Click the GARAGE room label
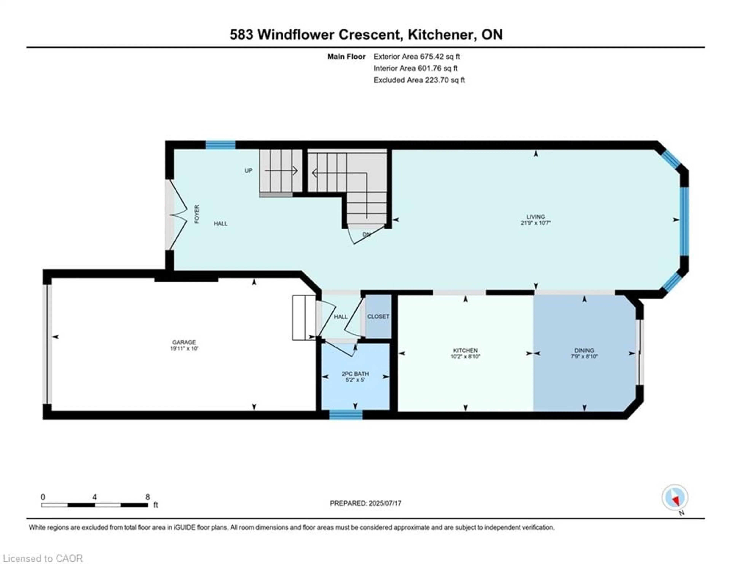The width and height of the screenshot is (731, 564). click(x=184, y=342)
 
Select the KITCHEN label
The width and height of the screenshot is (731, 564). click(x=465, y=350)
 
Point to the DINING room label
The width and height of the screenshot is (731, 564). click(x=584, y=350)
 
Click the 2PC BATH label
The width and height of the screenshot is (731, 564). click(x=355, y=374)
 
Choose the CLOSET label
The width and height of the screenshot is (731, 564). click(x=378, y=316)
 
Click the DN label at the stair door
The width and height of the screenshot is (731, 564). click(x=366, y=234)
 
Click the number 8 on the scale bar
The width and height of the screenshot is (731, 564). click(x=148, y=497)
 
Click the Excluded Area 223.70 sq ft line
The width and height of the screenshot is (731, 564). click(x=419, y=80)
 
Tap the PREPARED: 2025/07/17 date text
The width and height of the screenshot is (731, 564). click(x=365, y=503)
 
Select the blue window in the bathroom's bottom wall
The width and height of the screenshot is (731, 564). click(x=346, y=415)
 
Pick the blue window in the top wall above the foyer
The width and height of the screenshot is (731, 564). click(x=220, y=145)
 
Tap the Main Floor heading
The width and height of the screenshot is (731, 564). click(x=346, y=57)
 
